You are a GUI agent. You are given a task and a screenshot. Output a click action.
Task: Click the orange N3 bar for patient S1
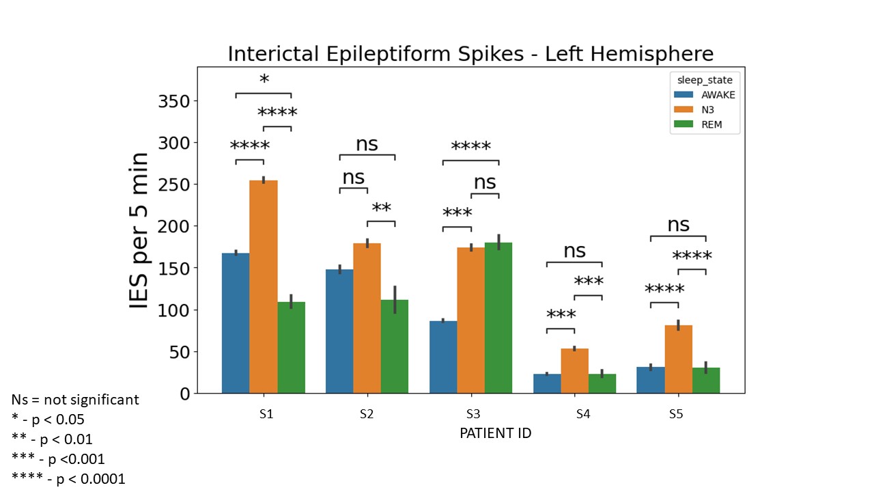pos(264,287)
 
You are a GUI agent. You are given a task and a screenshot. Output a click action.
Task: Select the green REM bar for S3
pos(498,318)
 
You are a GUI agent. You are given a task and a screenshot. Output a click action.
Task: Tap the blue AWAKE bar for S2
pos(339,331)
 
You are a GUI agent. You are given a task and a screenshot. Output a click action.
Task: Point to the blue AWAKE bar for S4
pos(547,383)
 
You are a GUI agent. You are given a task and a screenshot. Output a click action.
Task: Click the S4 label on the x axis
pos(582,414)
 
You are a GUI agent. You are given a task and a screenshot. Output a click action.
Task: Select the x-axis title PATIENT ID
pos(495,433)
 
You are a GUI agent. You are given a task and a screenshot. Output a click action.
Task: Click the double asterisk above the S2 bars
pos(382,208)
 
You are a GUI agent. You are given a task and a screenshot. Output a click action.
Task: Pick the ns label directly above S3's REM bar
pos(485,182)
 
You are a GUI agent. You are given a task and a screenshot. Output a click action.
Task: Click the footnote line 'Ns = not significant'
pos(75,400)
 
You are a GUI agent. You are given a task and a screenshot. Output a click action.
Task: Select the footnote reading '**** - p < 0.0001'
pos(69,479)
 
